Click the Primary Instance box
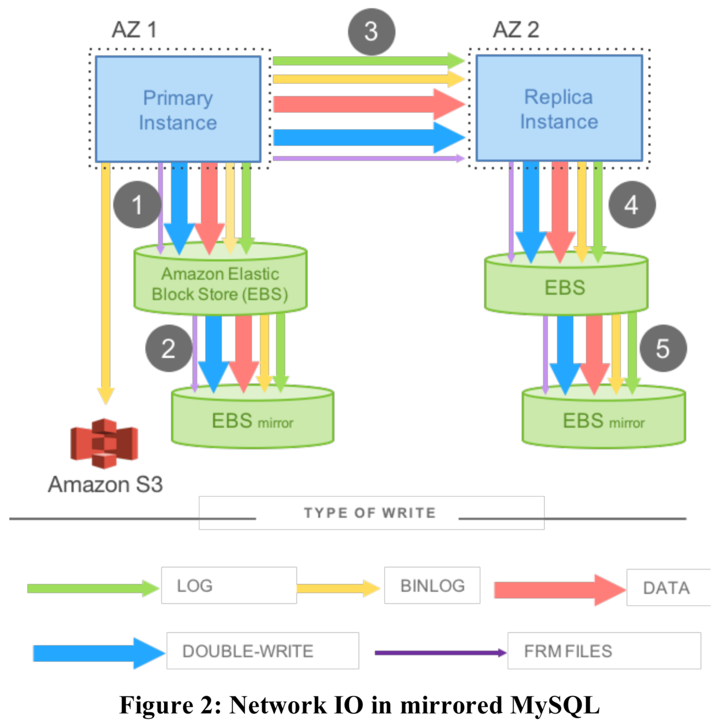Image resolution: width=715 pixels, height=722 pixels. (x=178, y=109)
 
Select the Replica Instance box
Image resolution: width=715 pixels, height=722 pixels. (x=559, y=108)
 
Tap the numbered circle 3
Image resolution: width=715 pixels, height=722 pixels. (x=371, y=32)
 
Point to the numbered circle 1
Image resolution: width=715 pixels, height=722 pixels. (x=137, y=205)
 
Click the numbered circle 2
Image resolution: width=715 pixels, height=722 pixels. (x=168, y=348)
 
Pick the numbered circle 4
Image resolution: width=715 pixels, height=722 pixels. (x=632, y=205)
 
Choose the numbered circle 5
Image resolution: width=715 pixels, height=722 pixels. (x=663, y=348)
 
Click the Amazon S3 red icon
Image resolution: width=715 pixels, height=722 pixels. (x=104, y=443)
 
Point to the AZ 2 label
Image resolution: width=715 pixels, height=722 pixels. (x=516, y=30)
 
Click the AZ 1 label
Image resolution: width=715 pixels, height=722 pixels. (x=134, y=30)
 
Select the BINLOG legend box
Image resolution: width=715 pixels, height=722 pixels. (x=432, y=585)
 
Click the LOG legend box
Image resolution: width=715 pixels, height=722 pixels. (x=229, y=585)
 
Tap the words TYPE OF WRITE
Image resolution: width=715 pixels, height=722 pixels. (x=370, y=513)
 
